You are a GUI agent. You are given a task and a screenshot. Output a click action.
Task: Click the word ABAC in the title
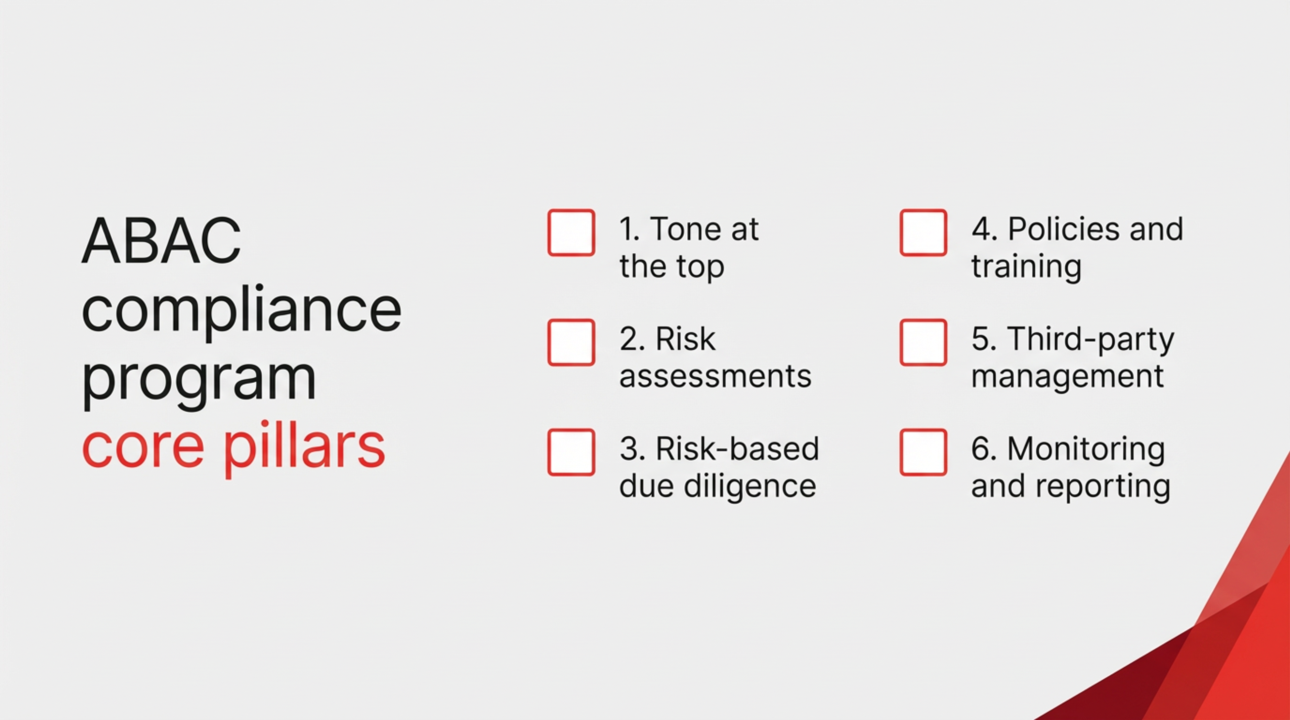point(161,241)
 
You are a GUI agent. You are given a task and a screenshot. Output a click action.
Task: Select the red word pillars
point(304,447)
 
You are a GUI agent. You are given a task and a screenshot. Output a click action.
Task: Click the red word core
point(143,447)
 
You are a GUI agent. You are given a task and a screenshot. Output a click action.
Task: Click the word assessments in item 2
point(715,377)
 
